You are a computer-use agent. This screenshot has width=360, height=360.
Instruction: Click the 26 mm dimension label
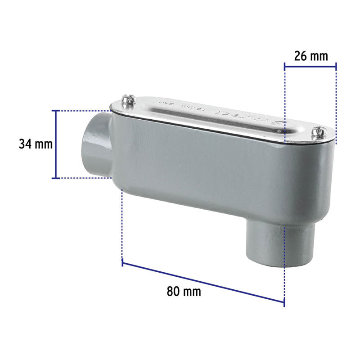click(x=311, y=56)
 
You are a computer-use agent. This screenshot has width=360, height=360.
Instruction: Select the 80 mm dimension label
click(x=184, y=291)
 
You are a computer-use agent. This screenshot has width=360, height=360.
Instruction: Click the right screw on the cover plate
click(x=320, y=132)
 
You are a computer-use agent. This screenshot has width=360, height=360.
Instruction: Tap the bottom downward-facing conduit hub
click(x=265, y=245)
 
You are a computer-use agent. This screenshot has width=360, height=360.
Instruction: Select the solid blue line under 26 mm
click(x=310, y=67)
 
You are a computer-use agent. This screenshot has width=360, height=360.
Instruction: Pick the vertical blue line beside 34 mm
click(x=56, y=144)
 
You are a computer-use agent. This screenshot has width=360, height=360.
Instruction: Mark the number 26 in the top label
click(x=300, y=56)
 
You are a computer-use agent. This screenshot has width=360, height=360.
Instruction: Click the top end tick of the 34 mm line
click(x=56, y=110)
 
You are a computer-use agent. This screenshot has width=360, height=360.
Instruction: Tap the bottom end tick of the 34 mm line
click(x=56, y=178)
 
